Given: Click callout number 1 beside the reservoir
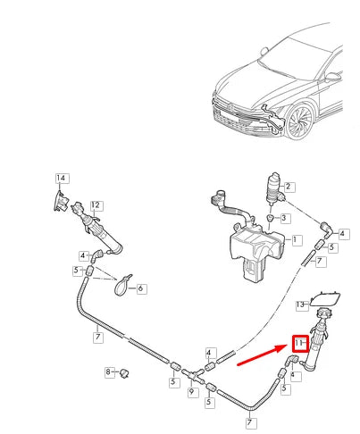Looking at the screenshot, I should click(297, 241).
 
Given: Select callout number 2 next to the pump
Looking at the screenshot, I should click(289, 186).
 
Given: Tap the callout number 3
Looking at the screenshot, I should click(283, 218).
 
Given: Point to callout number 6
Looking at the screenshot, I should click(141, 288).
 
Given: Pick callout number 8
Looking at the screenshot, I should click(109, 371).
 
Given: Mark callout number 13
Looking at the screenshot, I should click(301, 306).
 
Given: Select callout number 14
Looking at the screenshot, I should click(61, 178).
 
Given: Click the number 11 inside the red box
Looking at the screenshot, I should click(301, 343).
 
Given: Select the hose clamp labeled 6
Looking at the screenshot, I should click(123, 285).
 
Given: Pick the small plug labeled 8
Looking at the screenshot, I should click(125, 371).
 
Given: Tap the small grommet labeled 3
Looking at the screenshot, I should click(271, 219).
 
